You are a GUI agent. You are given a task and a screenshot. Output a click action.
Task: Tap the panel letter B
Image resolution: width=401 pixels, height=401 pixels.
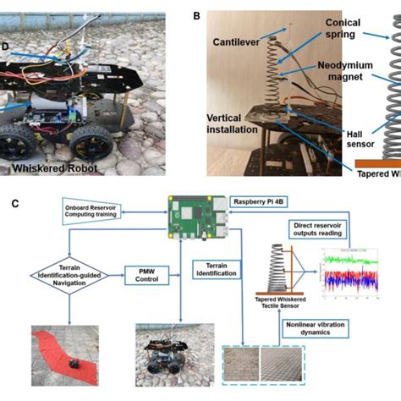(x=197, y=15)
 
